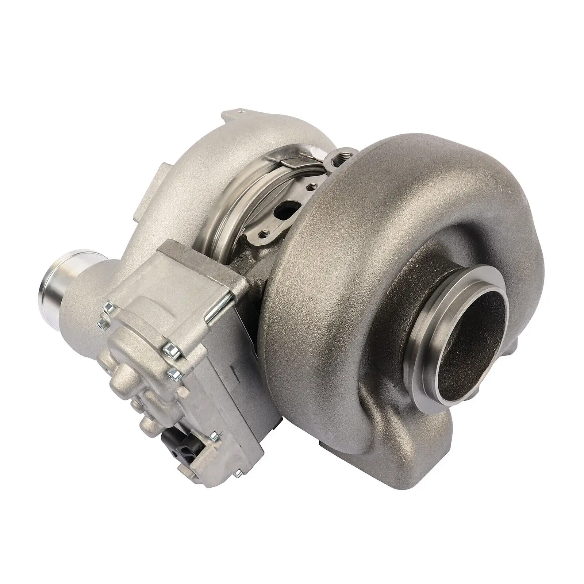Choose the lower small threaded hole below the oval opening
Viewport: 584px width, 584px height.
(270, 233)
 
